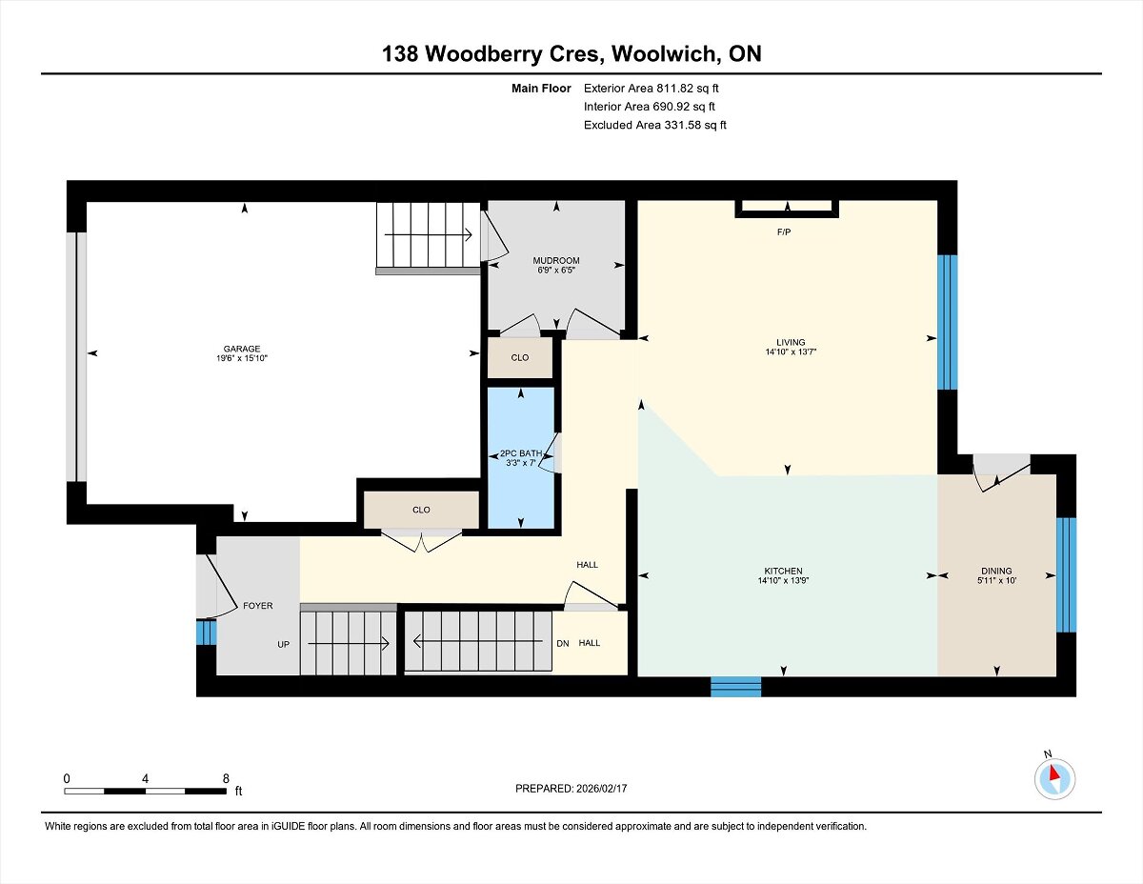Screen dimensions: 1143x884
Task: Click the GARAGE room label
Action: point(242,349)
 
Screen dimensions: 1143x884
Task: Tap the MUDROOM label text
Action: point(556,260)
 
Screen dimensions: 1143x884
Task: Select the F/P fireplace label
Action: point(784,231)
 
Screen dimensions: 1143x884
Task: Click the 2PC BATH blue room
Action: point(521,457)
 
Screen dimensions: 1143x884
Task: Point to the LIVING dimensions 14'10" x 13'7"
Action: point(791,352)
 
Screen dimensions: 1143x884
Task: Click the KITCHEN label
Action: point(783,572)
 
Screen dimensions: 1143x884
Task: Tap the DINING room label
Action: point(996,572)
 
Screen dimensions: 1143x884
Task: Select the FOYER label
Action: point(258,606)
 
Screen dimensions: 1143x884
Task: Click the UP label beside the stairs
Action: point(284,644)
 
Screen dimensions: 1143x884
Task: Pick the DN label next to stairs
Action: point(563,643)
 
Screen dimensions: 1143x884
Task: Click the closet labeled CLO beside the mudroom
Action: point(520,357)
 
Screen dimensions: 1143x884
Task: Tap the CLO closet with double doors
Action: point(421,510)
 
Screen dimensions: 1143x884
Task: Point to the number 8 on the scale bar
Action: point(226,778)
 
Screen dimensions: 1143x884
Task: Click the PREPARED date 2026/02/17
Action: point(602,789)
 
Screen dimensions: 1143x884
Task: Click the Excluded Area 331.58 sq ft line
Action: point(655,125)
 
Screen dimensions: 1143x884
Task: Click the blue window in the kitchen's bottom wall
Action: point(736,687)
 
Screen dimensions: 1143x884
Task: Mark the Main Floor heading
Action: point(541,89)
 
